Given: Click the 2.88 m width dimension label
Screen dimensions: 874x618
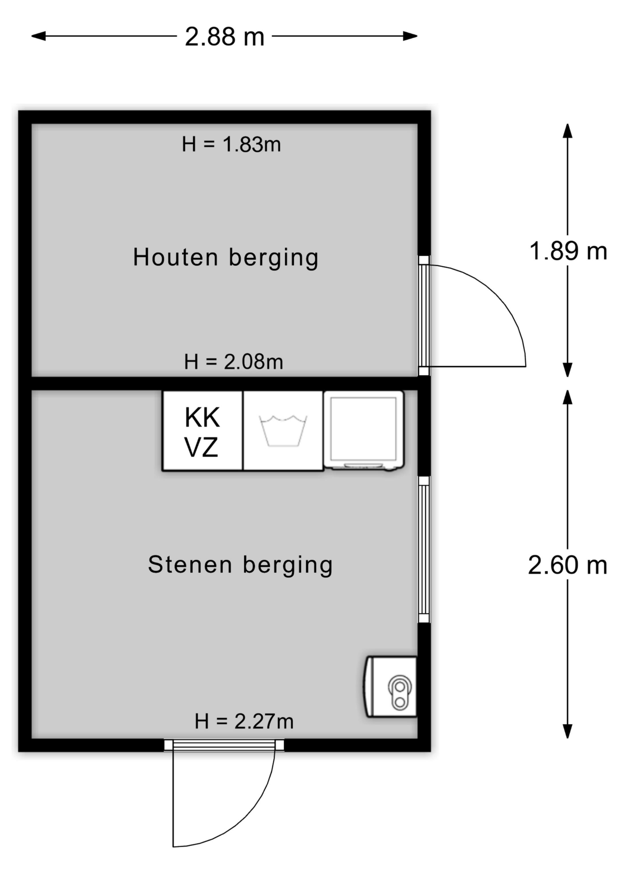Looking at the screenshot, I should pyautogui.click(x=224, y=37).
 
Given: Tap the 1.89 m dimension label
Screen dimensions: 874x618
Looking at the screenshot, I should pyautogui.click(x=568, y=251).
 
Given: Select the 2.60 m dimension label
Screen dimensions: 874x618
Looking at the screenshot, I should pyautogui.click(x=567, y=565).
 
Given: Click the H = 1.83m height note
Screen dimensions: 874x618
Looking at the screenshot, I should pyautogui.click(x=231, y=145).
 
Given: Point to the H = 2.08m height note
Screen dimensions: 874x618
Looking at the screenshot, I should pyautogui.click(x=233, y=362).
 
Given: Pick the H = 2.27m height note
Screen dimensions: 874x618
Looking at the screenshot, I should pyautogui.click(x=244, y=721).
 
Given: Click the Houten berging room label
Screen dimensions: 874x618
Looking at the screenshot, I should pyautogui.click(x=225, y=258).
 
